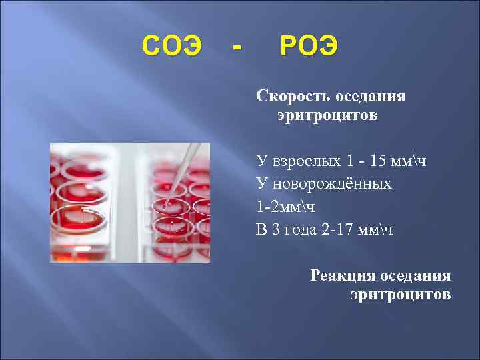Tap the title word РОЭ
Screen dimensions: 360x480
coord(309,47)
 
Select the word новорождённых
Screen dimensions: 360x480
coord(333,183)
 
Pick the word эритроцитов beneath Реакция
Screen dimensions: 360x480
coord(401,294)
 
